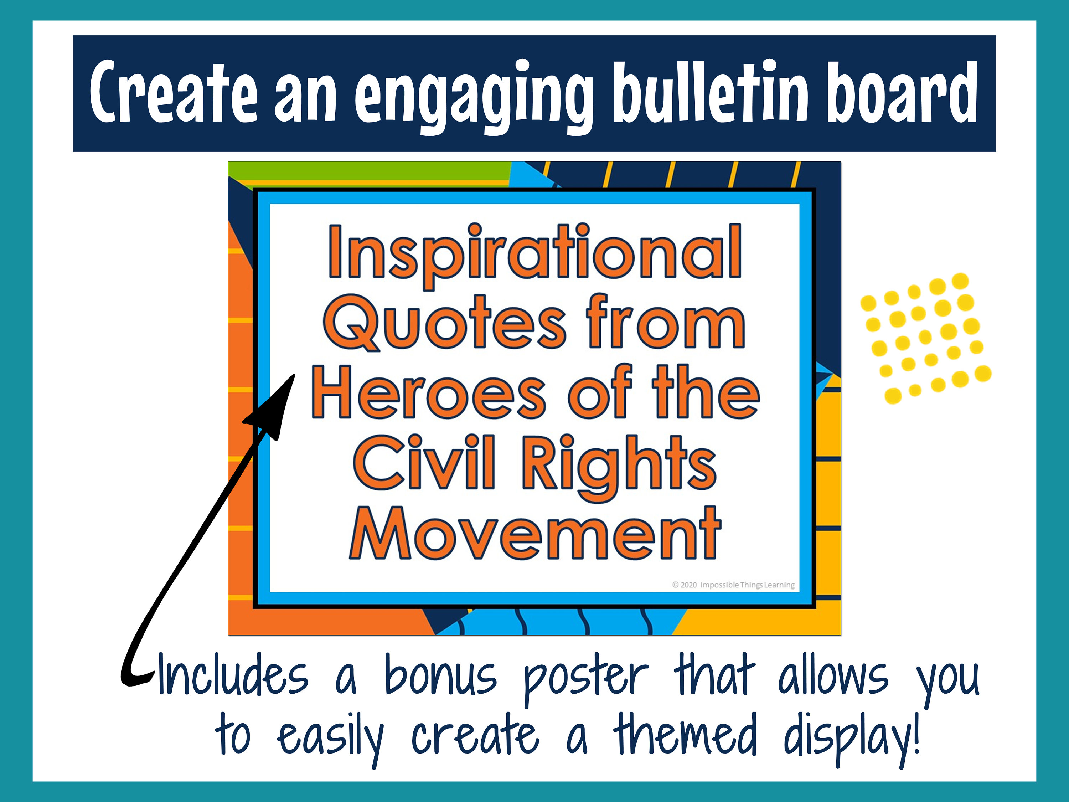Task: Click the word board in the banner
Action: coord(902,92)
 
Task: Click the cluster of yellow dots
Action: coord(924,338)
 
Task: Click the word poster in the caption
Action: coord(586,677)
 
